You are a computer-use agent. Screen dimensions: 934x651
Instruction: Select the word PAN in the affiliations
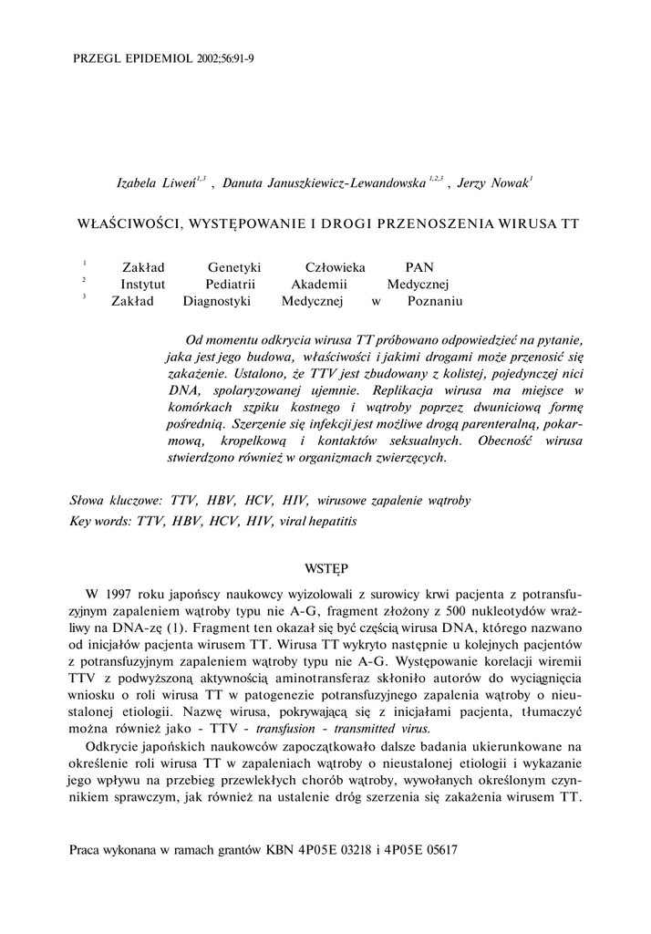coord(419,267)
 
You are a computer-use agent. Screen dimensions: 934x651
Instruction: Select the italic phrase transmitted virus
coord(381,729)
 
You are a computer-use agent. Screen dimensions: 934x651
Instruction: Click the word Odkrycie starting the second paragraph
coord(110,747)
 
